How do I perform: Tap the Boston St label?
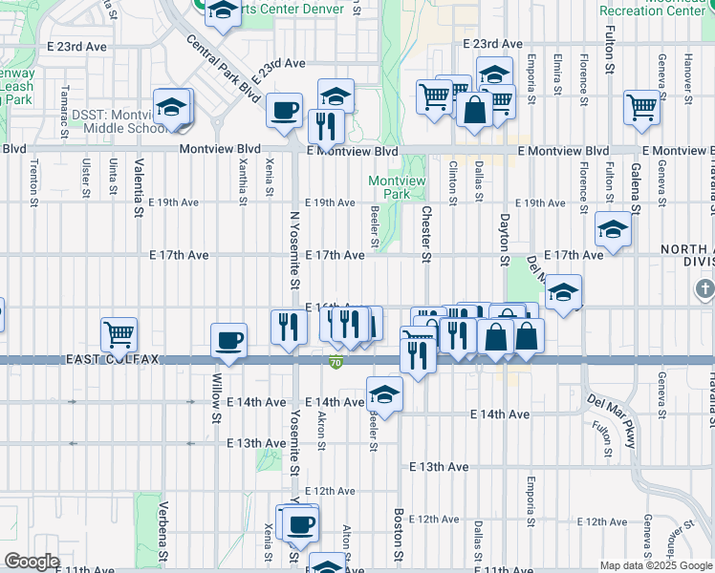pos(400,534)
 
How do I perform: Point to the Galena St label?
pos(635,188)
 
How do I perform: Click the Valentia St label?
pos(140,184)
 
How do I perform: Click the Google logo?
pos(32,562)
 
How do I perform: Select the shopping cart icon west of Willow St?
pos(119,334)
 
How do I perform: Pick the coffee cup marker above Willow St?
pos(229,340)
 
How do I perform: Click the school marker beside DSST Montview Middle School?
pos(172,107)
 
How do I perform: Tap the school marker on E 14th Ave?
pos(384,393)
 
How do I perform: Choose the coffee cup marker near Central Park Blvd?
pos(284,111)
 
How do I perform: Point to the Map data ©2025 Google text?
pos(655,565)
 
